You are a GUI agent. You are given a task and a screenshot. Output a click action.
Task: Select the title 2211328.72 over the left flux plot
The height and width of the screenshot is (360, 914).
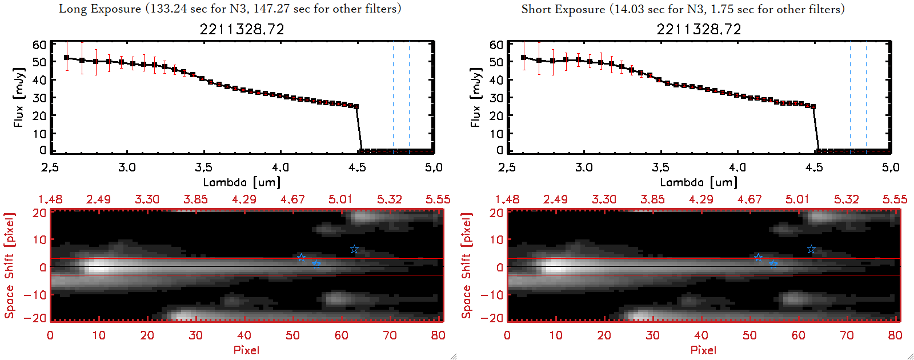point(242,29)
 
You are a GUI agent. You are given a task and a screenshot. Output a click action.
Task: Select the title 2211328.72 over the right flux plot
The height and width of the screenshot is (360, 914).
point(699,29)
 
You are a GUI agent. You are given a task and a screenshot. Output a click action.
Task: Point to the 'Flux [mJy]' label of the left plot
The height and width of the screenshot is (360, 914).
point(19,97)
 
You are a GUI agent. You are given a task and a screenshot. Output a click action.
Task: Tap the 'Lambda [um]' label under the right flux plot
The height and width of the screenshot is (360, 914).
point(699,182)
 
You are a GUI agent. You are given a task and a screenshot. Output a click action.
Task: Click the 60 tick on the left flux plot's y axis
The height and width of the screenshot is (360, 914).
point(39,45)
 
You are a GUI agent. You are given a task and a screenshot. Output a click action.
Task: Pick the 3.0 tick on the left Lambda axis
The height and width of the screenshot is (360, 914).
point(127,167)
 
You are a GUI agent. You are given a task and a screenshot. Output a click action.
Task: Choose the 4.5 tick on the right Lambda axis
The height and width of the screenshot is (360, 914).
point(814,167)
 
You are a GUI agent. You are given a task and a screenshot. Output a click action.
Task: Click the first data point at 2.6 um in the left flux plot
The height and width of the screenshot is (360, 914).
point(67,58)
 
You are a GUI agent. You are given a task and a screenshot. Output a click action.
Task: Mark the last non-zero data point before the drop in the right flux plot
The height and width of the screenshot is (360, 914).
point(813,106)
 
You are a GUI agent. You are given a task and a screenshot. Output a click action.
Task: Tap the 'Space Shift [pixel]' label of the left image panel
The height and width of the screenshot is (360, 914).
point(9,266)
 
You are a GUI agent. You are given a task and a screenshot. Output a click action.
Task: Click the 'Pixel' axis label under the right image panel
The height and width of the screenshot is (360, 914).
point(703,350)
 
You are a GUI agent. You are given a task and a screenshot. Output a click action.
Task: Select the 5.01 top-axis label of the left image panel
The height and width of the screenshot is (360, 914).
point(340,199)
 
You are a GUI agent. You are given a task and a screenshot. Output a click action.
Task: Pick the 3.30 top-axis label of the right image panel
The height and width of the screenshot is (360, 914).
point(604,199)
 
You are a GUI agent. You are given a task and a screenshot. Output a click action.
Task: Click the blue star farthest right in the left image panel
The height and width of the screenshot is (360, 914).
point(354,249)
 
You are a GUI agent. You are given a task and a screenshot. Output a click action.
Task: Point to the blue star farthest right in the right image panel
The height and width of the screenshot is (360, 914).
point(811,249)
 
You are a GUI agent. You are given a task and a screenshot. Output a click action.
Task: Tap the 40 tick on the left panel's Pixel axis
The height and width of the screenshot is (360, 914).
point(244,335)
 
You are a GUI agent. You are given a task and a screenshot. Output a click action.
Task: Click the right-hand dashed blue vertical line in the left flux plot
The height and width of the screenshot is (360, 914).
point(409,97)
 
